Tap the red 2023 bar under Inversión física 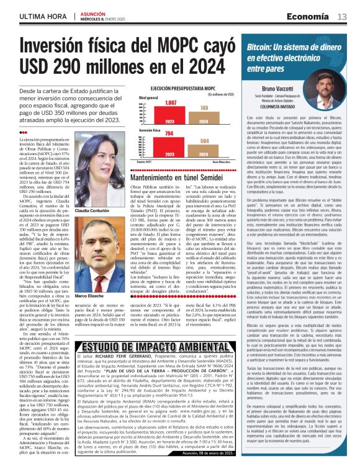pos(152,148)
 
